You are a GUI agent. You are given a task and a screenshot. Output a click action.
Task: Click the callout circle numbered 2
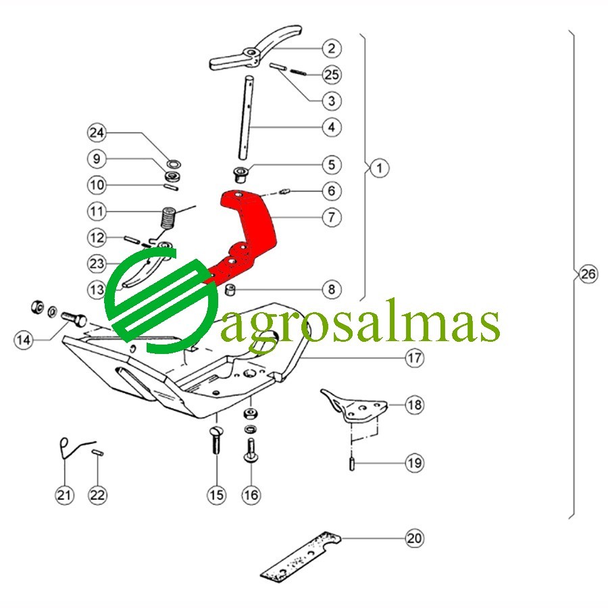(332, 49)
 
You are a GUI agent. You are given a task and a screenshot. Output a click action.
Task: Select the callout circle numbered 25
(332, 74)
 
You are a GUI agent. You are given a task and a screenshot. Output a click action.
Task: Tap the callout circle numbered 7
(332, 217)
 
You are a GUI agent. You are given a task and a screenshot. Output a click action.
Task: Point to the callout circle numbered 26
(588, 274)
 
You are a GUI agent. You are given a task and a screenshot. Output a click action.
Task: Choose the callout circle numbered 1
(379, 168)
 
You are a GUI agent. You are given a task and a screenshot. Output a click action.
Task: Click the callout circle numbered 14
(23, 340)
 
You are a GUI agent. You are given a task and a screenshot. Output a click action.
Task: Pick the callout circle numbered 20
(414, 538)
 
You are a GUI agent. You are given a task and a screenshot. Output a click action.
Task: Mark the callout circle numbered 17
(414, 357)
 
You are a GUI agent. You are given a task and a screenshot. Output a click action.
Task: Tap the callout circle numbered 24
(97, 132)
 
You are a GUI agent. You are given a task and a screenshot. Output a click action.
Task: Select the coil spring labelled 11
(169, 219)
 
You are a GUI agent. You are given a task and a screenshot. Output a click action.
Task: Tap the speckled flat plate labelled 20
(301, 557)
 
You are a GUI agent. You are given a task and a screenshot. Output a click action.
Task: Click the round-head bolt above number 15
(216, 439)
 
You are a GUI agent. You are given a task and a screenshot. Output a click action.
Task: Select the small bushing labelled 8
(231, 289)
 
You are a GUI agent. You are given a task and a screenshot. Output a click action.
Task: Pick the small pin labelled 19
(352, 464)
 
